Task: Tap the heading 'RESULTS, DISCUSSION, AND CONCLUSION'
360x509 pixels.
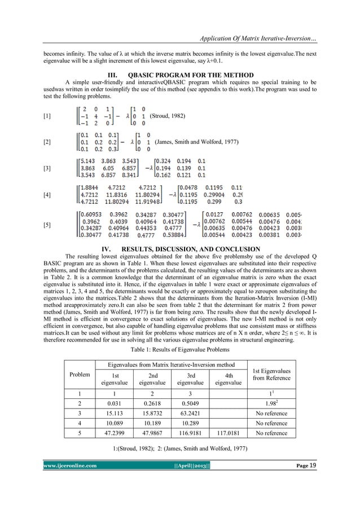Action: coord(188,248)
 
